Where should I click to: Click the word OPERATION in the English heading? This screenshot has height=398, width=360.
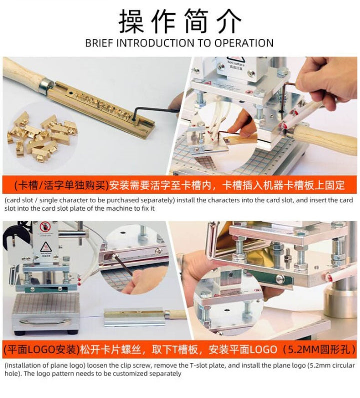(x=244, y=43)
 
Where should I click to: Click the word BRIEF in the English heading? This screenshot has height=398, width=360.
(x=99, y=43)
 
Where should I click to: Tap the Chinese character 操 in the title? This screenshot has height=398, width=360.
(x=131, y=21)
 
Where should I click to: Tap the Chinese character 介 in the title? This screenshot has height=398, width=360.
(x=228, y=21)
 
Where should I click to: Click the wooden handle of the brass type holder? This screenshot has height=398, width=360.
(x=23, y=72)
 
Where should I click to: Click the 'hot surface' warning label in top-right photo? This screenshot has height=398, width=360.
(x=236, y=63)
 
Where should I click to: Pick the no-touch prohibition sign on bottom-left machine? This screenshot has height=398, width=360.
(x=45, y=227)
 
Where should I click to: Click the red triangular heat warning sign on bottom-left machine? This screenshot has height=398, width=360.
(x=45, y=247)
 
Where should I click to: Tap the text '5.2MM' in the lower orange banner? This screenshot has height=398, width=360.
(x=303, y=350)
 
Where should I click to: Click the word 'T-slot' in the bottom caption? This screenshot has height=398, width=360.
(x=198, y=366)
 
